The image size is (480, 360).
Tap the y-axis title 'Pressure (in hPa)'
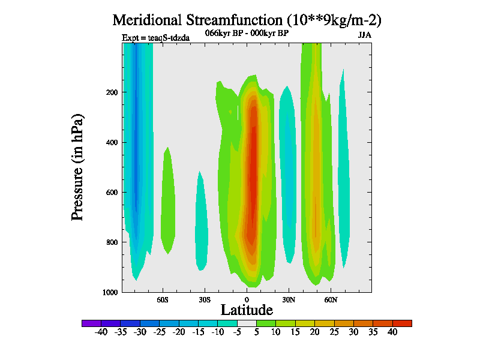[77, 166]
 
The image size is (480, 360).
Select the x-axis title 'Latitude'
[247, 310]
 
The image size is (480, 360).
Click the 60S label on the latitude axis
[163, 299]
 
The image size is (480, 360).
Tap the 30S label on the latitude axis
[205, 299]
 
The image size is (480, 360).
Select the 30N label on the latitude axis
[289, 299]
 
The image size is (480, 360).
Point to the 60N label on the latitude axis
[331, 299]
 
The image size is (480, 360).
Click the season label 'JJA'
[364, 35]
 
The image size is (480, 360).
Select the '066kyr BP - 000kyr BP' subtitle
[247, 33]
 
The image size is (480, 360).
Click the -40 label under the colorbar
[101, 332]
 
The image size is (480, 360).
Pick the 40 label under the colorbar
[392, 332]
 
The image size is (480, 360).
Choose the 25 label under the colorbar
[334, 332]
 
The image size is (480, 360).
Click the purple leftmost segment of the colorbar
[91, 323]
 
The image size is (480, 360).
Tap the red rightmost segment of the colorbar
[402, 323]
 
